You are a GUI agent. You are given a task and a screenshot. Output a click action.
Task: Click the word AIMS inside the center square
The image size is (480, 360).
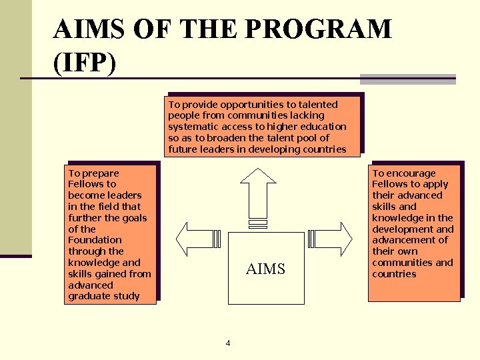pos(265,269)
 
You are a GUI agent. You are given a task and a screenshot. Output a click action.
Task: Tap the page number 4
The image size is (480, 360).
pos(228,343)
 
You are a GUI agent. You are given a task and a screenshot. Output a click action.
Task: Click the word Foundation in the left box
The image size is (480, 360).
pos(95,240)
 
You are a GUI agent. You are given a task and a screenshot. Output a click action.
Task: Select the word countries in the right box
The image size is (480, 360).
pos(394,274)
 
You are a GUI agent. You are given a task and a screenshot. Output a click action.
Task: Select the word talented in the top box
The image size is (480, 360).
pos(318,105)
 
